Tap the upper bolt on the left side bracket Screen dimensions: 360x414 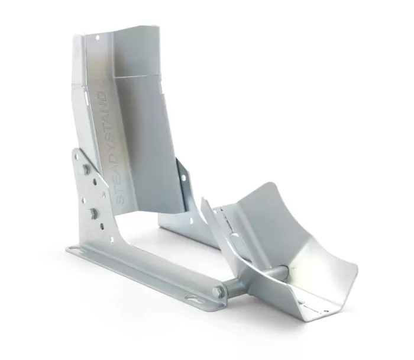(x=87, y=169)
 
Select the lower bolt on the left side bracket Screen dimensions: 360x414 (x=93, y=213)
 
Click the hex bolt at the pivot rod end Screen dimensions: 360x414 (x=219, y=291)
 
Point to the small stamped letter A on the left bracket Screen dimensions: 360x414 (x=104, y=195)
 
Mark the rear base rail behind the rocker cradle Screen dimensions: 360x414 (x=183, y=228)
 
